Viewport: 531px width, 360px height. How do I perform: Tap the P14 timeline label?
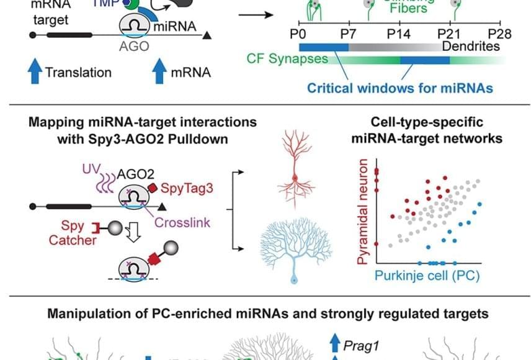pos(399,32)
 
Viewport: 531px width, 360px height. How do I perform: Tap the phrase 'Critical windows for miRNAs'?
pos(401,88)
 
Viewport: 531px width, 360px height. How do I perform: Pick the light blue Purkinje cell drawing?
pos(294,248)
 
